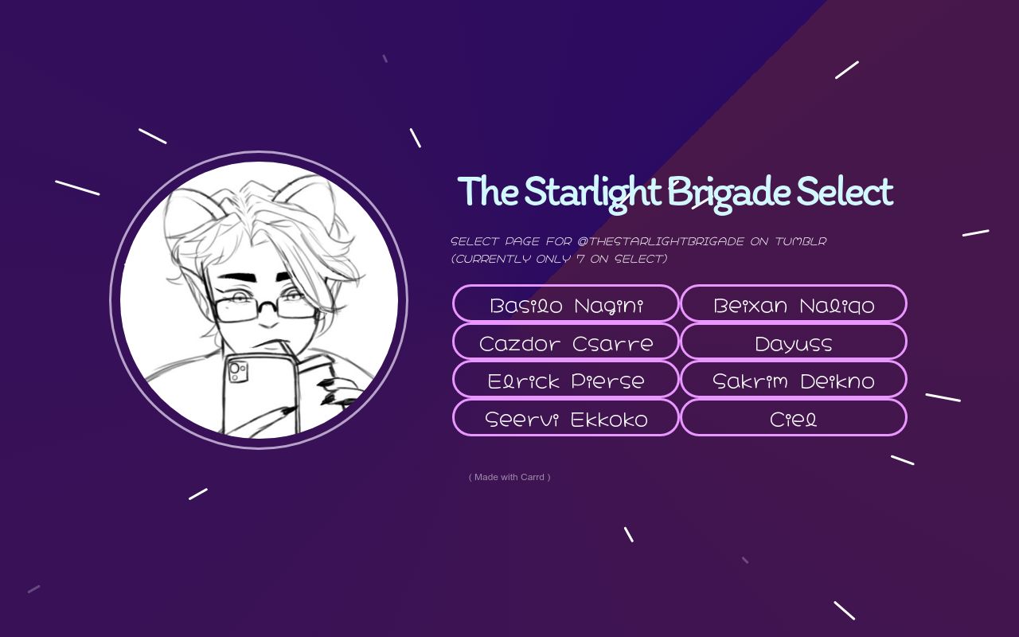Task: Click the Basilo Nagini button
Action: [x=565, y=304]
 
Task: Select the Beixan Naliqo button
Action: [x=794, y=304]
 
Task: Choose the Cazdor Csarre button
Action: [x=565, y=342]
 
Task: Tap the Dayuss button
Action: [x=794, y=342]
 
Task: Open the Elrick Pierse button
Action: [x=565, y=381]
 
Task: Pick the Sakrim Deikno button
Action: [x=794, y=381]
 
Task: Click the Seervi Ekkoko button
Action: [x=565, y=419]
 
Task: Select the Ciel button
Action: [x=794, y=419]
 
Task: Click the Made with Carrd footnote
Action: [x=509, y=477]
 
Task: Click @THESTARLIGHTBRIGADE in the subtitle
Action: [x=661, y=241]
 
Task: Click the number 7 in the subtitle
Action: [x=580, y=259]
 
